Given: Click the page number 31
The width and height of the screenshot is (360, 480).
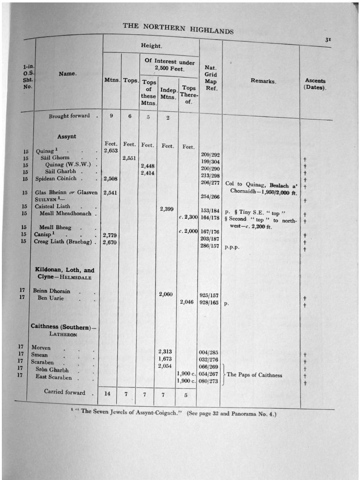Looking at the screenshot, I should pos(328,40).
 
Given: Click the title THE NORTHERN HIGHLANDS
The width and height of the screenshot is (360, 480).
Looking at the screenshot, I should pos(178,28).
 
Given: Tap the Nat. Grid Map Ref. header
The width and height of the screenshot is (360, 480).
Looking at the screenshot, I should pos(210,77).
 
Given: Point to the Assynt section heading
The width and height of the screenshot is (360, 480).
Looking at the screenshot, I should pos(67,136).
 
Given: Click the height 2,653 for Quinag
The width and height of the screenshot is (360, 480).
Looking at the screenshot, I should pos(111,150).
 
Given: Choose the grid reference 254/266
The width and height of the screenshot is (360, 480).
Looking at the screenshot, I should pos(210,196).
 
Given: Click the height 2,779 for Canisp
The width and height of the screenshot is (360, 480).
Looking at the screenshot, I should pos(109,235).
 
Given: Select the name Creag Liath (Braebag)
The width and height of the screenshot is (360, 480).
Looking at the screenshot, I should pos(64,242).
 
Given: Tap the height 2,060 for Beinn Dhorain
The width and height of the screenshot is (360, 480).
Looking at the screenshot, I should pos(166,294).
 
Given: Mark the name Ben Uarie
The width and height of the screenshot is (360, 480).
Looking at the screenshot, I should pos(51,298).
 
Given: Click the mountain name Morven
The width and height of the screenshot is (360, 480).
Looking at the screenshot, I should pos(41,348).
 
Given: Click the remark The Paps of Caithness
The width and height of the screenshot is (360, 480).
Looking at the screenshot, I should pos(255,375).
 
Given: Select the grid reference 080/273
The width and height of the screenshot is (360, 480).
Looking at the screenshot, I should pos(209,381).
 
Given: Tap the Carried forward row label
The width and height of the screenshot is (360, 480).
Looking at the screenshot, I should pos(65,392).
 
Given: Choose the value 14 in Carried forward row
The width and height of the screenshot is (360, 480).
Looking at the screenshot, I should pos(107,394).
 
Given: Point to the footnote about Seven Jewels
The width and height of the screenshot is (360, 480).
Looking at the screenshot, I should pos(173,414).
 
